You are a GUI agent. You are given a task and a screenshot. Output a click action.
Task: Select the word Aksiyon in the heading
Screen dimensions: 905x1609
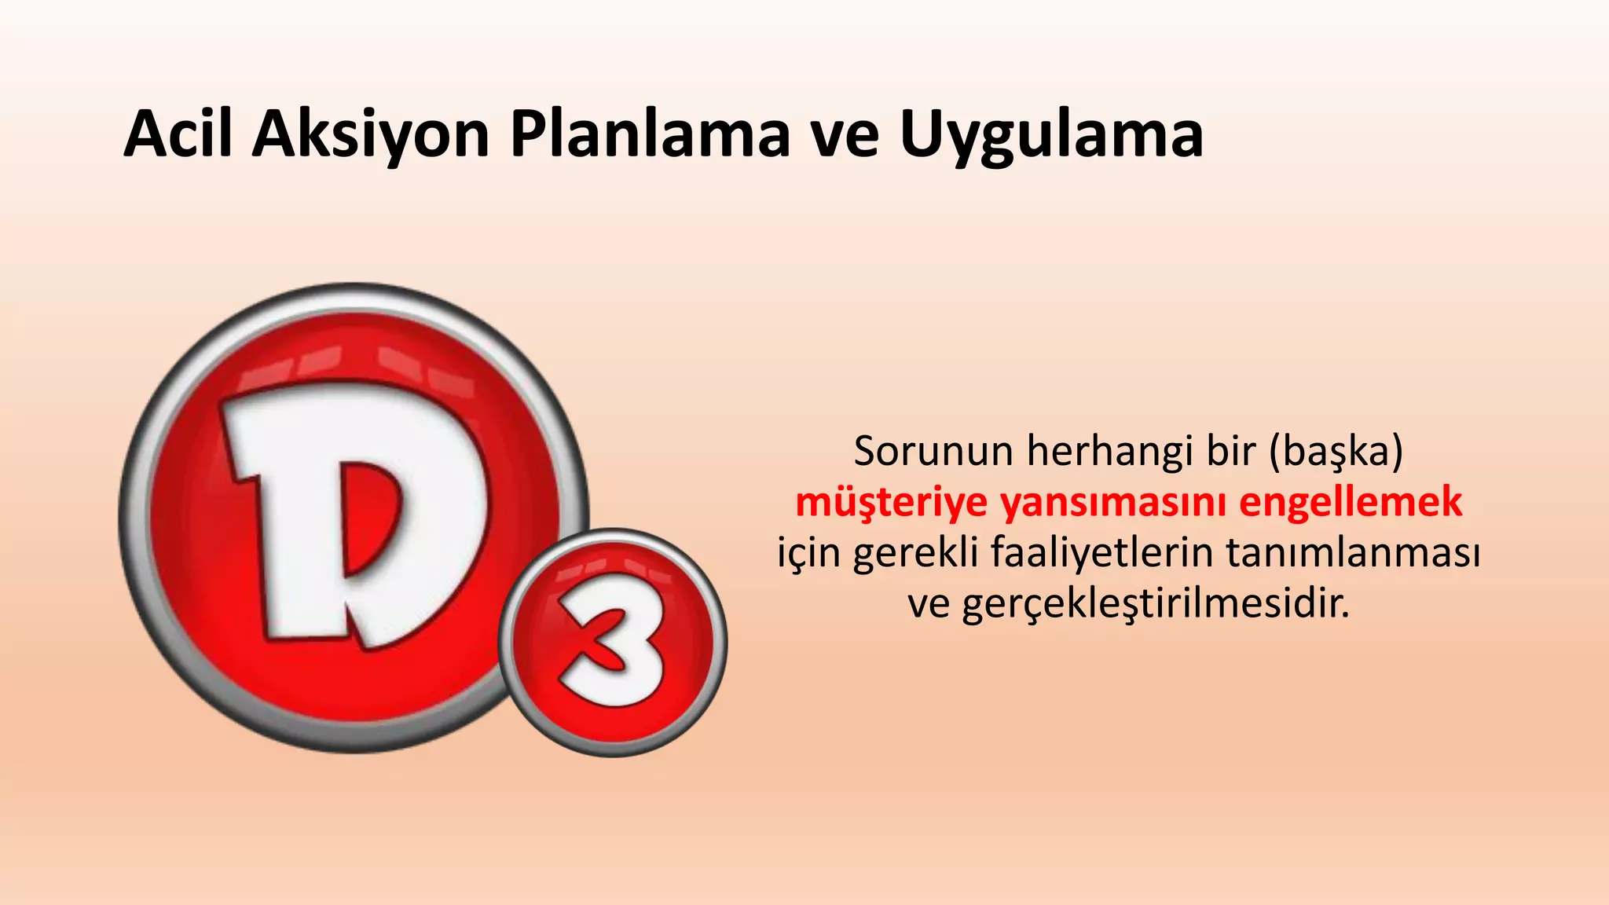[371, 135]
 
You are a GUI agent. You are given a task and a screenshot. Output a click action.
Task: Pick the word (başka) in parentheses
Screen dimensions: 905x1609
[1336, 452]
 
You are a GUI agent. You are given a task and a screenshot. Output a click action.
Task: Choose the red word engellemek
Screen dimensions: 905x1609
[1351, 504]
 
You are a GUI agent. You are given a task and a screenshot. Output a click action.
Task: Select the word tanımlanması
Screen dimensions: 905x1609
[1353, 552]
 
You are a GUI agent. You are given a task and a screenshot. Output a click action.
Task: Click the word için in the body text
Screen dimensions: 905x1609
[809, 554]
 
